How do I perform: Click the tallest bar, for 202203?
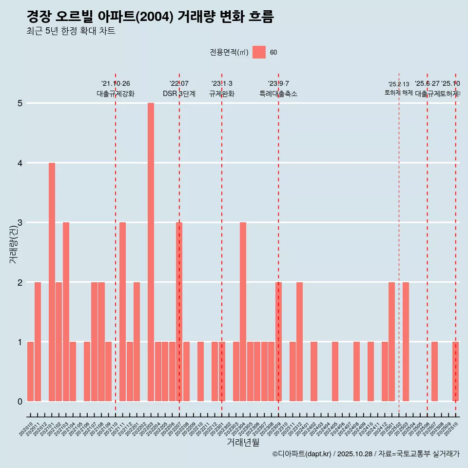click(151, 252)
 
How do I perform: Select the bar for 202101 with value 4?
click(52, 282)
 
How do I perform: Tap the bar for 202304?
click(243, 312)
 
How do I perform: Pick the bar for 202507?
click(434, 371)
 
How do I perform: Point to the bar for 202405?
click(335, 371)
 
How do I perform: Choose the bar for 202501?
click(391, 341)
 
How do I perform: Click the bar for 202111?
click(123, 312)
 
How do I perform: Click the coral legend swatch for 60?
click(259, 52)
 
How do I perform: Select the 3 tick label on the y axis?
click(20, 223)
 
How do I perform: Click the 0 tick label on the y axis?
click(20, 402)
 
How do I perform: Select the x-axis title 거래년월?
click(243, 442)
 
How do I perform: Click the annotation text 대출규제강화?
click(116, 94)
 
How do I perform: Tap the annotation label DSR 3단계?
click(179, 94)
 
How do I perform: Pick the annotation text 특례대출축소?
click(278, 94)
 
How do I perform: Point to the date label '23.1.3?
click(222, 84)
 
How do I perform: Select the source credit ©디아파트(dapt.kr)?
click(302, 454)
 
